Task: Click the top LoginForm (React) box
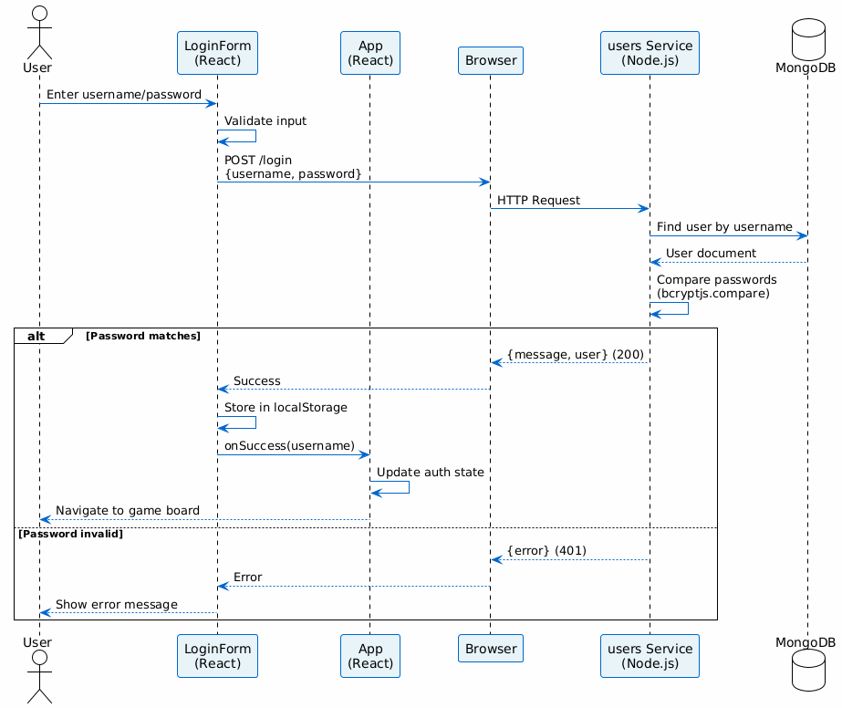pos(217,52)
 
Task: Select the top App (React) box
pos(369,52)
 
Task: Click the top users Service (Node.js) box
pos(650,52)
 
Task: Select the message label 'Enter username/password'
pos(123,94)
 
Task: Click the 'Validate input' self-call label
pos(265,120)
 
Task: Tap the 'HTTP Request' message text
pos(538,199)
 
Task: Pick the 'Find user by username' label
pos(724,226)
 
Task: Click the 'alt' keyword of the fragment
pos(37,336)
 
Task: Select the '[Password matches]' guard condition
pos(142,337)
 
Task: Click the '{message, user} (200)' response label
pos(575,353)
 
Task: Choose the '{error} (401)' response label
pos(546,550)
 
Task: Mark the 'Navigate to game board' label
pos(128,510)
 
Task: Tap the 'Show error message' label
pos(116,604)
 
